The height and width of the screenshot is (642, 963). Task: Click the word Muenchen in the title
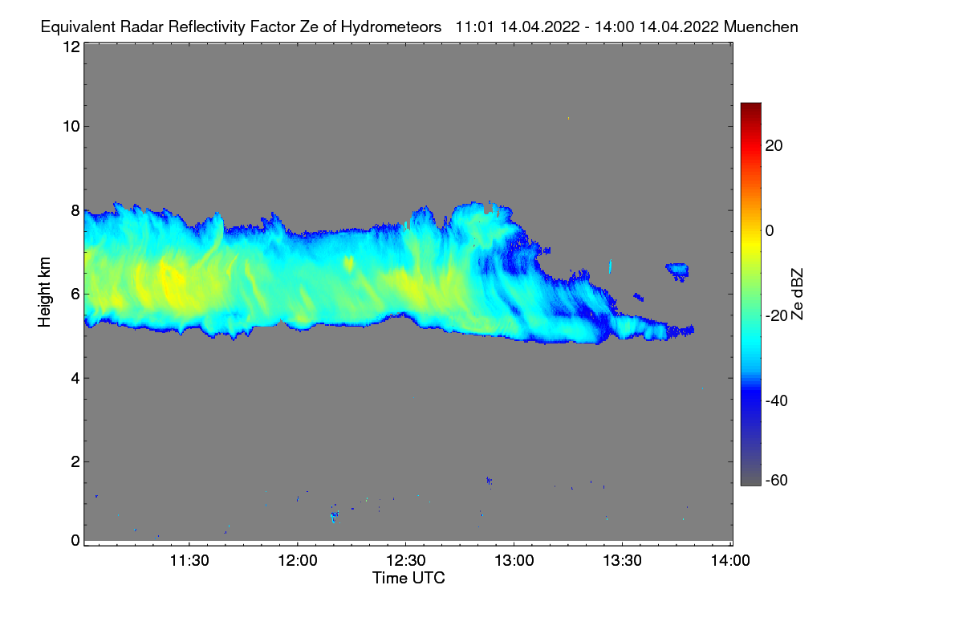pyautogui.click(x=760, y=26)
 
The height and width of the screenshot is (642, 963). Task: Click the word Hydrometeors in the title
pyautogui.click(x=391, y=26)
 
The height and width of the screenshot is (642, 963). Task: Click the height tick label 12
pyautogui.click(x=71, y=47)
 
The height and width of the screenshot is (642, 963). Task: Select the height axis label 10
pyautogui.click(x=71, y=126)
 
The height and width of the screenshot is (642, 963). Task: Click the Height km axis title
pyautogui.click(x=45, y=294)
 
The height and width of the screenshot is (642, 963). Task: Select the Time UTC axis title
pyautogui.click(x=408, y=578)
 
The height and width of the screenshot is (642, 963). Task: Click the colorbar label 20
pyautogui.click(x=775, y=146)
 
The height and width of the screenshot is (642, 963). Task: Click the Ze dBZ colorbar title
pyautogui.click(x=797, y=294)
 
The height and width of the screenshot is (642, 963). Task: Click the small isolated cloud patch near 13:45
pyautogui.click(x=678, y=270)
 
